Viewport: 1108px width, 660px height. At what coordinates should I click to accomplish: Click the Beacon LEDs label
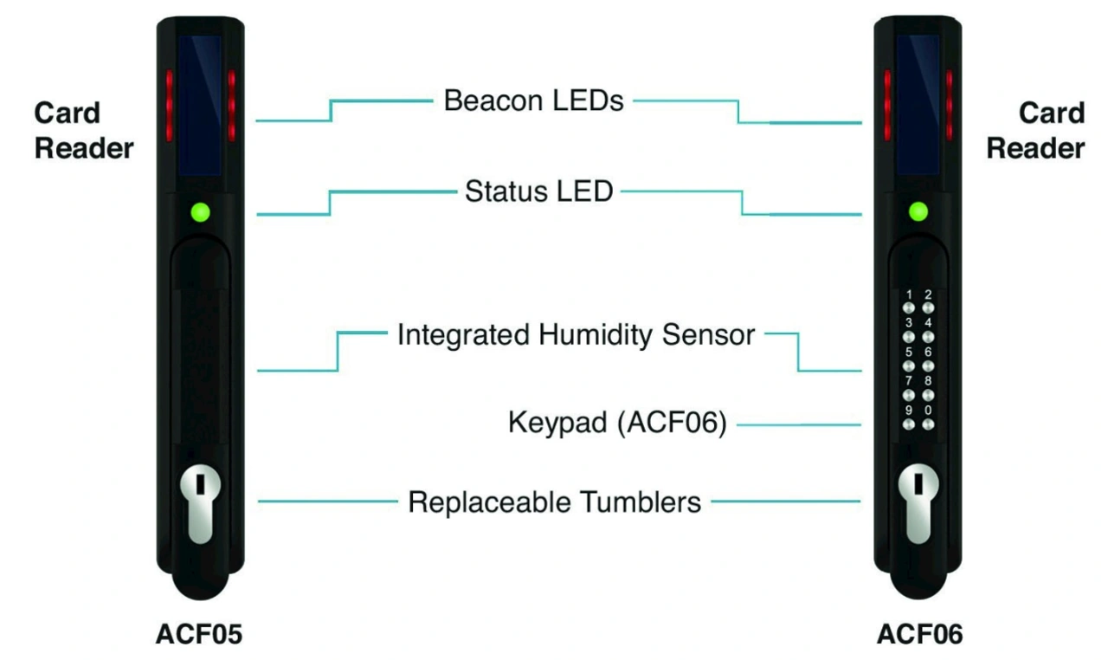(x=533, y=100)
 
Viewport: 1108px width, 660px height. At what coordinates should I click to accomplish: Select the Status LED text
(x=538, y=191)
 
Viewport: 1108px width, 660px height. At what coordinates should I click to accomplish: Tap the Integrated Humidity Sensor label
(x=576, y=334)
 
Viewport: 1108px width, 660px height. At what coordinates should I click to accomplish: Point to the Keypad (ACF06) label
(x=616, y=424)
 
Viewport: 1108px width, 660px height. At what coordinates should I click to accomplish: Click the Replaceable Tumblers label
(x=554, y=501)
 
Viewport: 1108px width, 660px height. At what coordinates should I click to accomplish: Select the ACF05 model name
(x=199, y=634)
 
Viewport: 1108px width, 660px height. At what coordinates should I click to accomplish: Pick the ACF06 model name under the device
(x=919, y=634)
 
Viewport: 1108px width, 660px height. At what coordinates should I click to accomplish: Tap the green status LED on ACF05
(x=201, y=211)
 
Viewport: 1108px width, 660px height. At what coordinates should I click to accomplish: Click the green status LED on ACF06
(x=918, y=211)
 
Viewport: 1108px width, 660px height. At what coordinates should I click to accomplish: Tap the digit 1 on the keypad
(x=908, y=295)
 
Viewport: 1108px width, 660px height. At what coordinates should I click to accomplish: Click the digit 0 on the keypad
(x=928, y=411)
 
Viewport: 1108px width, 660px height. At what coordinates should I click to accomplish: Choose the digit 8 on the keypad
(x=928, y=381)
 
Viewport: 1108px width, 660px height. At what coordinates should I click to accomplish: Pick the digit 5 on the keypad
(x=908, y=353)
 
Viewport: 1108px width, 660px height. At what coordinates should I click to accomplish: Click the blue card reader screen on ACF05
(x=199, y=104)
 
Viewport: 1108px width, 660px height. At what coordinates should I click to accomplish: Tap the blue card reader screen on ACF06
(x=918, y=104)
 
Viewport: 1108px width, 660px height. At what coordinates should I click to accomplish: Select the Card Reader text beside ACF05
(x=84, y=130)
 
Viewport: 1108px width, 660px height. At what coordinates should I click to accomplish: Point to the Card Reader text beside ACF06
(x=1035, y=130)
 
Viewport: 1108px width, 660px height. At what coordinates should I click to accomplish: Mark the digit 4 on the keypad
(x=928, y=324)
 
